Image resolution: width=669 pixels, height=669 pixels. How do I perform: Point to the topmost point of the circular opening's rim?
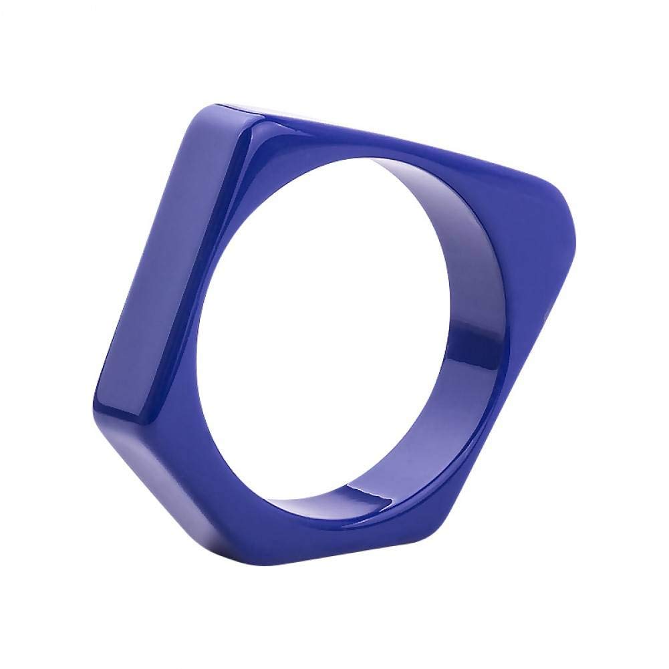pyautogui.click(x=361, y=158)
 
